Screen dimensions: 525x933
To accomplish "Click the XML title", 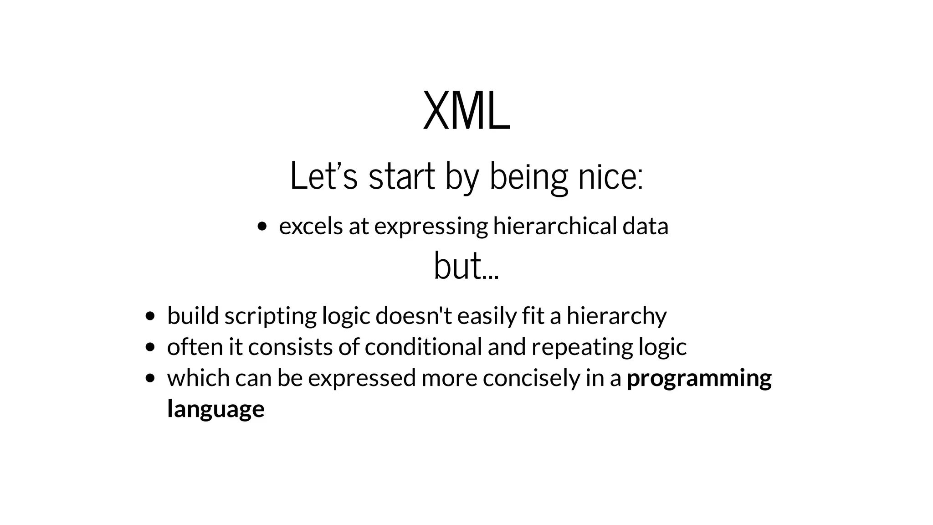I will pos(466,111).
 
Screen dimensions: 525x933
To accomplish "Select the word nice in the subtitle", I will pos(610,176).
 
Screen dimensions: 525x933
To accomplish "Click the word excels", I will pos(311,226).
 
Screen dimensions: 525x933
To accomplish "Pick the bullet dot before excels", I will pos(261,226).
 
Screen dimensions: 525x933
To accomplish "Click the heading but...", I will pos(466,266).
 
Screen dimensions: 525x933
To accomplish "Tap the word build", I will pos(193,316).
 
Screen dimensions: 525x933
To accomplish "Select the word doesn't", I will pos(414,316).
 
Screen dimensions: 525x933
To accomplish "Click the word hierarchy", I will pos(616,316).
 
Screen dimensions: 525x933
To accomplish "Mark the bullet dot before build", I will pos(149,316).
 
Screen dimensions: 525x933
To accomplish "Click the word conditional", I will pos(423,347).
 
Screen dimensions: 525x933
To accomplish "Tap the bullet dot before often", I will pos(149,348).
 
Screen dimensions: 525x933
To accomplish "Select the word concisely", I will pos(531,378).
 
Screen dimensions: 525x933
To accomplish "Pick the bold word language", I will pos(215,409).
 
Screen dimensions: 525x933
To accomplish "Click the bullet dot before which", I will pos(149,378).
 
